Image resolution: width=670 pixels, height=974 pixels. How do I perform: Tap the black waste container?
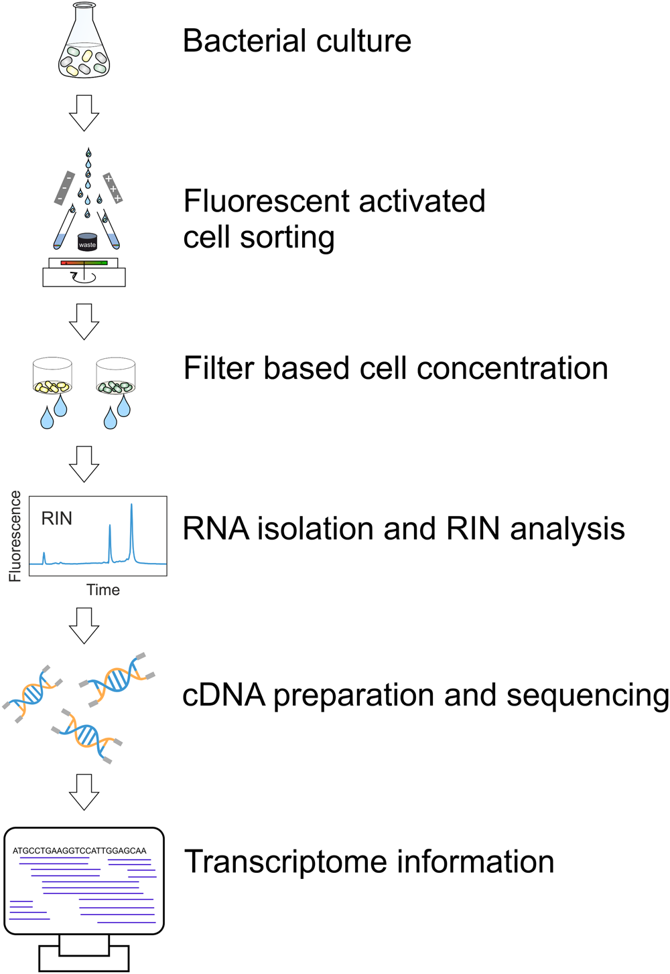[87, 242]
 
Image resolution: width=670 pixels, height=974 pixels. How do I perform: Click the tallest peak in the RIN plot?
[131, 529]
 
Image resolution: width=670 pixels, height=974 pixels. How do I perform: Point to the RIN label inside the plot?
[57, 519]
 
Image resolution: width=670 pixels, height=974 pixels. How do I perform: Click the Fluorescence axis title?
[15, 536]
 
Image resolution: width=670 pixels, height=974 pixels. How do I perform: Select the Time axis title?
[103, 590]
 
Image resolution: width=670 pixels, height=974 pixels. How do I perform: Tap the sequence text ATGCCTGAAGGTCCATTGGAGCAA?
[80, 851]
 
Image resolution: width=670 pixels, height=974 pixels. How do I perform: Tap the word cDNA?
[224, 696]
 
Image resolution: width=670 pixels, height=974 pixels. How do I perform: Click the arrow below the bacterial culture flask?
[84, 112]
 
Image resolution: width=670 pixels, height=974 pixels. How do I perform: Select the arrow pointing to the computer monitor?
[84, 792]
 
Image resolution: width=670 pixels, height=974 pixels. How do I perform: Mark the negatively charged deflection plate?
[64, 188]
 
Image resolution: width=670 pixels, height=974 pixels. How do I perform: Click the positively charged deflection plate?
[113, 188]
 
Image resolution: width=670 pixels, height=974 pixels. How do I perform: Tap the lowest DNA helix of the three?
[87, 736]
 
